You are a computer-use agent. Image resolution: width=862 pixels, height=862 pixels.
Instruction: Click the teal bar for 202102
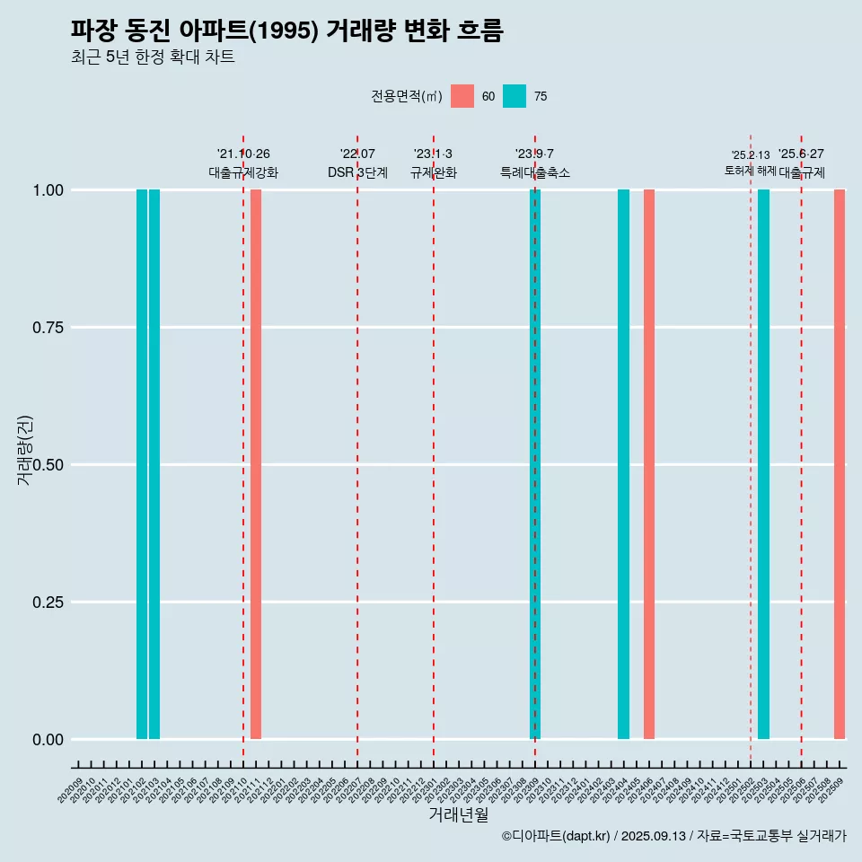(142, 464)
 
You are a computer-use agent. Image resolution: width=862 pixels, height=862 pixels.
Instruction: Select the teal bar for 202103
(154, 464)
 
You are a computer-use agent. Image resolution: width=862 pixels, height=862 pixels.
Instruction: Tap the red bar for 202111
(256, 464)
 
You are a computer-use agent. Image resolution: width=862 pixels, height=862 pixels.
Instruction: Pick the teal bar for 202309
(535, 464)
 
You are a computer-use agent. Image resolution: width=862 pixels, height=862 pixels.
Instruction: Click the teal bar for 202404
(623, 464)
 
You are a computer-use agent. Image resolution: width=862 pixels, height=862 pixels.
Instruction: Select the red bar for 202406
(649, 464)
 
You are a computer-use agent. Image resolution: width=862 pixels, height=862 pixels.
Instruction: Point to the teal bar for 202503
(763, 464)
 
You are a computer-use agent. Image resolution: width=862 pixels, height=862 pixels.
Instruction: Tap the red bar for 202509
(840, 464)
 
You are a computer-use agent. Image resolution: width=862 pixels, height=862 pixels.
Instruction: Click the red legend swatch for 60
(462, 96)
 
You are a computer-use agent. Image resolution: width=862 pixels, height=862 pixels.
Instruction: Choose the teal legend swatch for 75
(515, 96)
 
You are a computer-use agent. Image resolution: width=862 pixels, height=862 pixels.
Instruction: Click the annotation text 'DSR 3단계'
(357, 172)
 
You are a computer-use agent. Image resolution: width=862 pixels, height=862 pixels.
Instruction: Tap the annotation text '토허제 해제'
(751, 171)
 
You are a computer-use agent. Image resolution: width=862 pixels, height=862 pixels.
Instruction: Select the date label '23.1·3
(433, 154)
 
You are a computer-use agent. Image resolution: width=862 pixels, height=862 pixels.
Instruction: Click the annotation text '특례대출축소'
(535, 172)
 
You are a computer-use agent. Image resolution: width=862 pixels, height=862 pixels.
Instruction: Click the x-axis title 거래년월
(459, 815)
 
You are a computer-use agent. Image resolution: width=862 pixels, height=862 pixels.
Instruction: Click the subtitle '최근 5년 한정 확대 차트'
(153, 57)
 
